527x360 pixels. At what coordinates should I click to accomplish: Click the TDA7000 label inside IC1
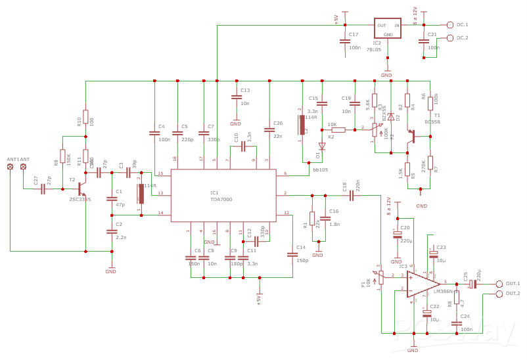[x=221, y=199]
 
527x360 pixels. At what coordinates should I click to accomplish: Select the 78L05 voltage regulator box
[x=387, y=28]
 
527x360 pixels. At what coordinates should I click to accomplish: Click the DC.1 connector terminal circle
[x=450, y=25]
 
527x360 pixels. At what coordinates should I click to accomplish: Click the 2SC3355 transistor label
[x=80, y=199]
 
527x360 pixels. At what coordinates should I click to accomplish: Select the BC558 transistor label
[x=432, y=122]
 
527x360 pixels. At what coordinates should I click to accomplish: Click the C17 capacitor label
[x=354, y=34]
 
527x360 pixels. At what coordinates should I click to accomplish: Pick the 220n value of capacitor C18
[x=358, y=186]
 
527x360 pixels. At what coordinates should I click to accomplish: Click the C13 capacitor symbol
[x=236, y=97]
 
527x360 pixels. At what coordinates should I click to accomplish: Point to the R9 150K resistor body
[x=63, y=157]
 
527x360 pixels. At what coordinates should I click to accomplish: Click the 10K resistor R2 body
[x=338, y=130]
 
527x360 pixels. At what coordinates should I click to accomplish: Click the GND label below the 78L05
[x=386, y=76]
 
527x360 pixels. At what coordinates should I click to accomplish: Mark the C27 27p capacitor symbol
[x=43, y=189]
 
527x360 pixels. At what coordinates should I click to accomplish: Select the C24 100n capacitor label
[x=465, y=316]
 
